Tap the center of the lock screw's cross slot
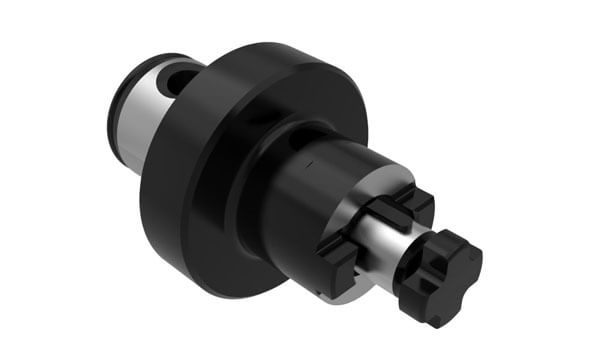click(440, 270)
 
